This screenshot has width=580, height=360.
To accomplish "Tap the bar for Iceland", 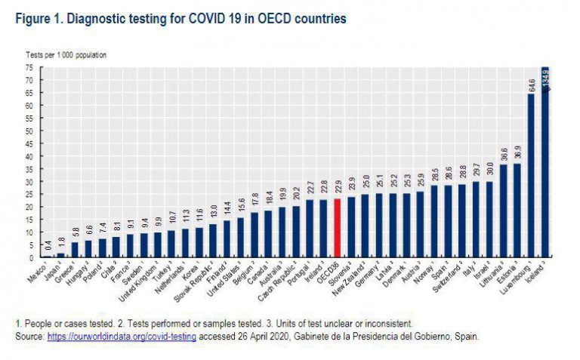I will point(545,162).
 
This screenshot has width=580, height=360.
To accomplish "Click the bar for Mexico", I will point(48,257).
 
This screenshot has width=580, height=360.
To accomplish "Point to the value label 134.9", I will point(545,78).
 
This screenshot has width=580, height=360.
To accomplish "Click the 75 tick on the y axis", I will point(28,67).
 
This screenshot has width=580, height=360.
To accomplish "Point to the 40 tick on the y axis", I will point(28,155).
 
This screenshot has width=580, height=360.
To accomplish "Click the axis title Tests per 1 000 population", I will point(66,55).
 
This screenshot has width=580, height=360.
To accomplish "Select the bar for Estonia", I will point(517,211).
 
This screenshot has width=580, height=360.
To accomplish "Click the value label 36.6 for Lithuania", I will point(504,153).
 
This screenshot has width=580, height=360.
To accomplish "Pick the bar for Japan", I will point(62,255).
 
